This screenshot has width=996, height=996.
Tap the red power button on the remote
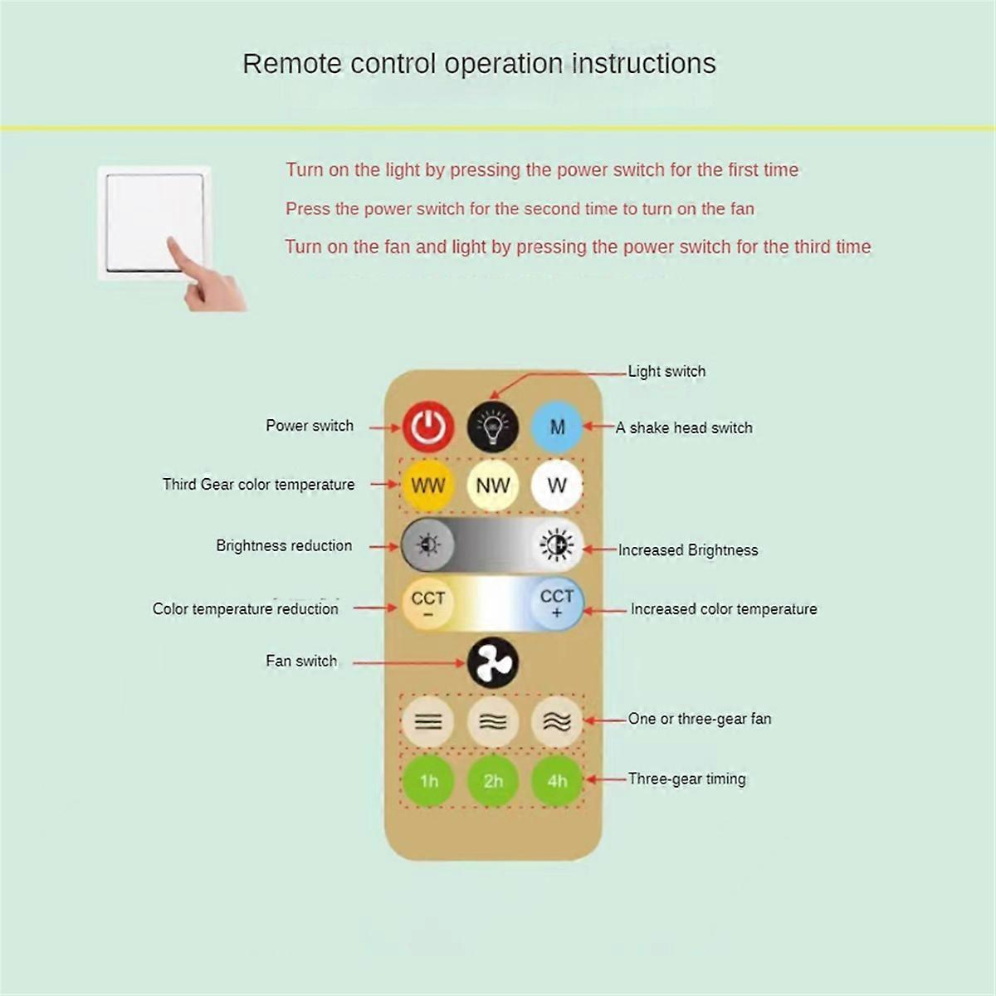(x=428, y=427)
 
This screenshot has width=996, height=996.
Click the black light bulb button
(x=493, y=427)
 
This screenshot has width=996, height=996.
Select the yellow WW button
(x=428, y=486)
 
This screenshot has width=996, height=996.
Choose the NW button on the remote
(x=493, y=486)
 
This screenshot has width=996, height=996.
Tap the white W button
(x=557, y=486)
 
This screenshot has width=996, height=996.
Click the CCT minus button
(x=428, y=603)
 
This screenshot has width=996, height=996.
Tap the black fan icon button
(x=493, y=662)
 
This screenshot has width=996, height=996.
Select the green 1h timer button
(x=428, y=780)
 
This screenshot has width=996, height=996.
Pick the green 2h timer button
(x=493, y=780)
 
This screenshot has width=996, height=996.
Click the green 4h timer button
(x=557, y=780)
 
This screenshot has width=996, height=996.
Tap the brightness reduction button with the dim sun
(x=428, y=545)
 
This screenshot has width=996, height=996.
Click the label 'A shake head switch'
(x=684, y=428)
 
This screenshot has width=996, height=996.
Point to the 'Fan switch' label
(x=301, y=662)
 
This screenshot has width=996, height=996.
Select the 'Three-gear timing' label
(x=686, y=779)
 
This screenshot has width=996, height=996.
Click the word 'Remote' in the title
(x=291, y=64)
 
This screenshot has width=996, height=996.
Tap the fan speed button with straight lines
(x=428, y=721)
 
